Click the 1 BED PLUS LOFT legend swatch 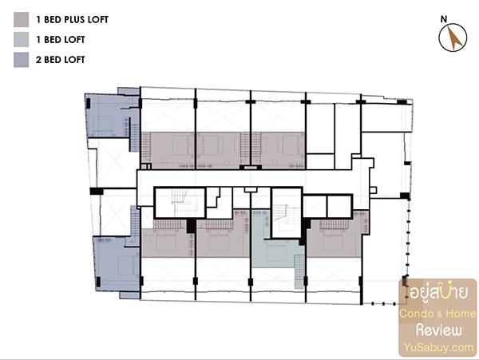click(21, 19)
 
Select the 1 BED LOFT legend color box click(21, 40)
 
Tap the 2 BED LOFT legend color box click(21, 60)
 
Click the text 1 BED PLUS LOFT click(72, 19)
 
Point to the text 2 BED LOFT click(60, 60)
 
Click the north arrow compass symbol click(453, 38)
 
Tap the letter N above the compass click(444, 19)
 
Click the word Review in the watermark click(439, 330)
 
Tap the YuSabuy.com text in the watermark click(438, 347)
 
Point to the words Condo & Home click(437, 314)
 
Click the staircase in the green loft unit click(299, 271)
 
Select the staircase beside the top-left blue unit click(135, 138)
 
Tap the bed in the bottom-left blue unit click(126, 265)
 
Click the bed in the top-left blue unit click(103, 124)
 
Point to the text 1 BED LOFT click(61, 40)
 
